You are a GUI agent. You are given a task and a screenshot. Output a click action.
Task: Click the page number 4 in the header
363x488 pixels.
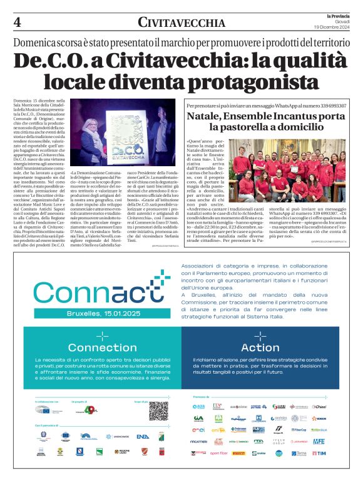coord(17,23)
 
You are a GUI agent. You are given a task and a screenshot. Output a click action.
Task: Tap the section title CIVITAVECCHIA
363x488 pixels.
coord(181,24)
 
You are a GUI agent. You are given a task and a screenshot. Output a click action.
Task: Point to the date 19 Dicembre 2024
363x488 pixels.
coord(332,27)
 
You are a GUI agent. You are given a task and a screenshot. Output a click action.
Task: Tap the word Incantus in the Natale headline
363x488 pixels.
coord(294,116)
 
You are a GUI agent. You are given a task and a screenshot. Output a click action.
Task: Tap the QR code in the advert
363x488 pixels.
coord(158,410)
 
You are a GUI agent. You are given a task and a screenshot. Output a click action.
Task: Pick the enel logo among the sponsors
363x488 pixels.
coord(198,430)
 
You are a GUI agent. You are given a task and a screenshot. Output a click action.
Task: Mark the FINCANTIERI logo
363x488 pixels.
coord(200,441)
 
